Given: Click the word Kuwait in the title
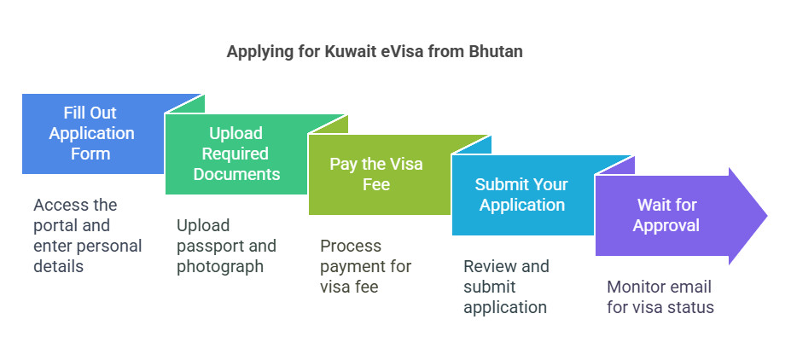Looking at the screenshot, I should (349, 52).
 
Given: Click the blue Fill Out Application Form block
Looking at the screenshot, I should (91, 134).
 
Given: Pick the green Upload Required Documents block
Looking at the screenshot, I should (236, 154).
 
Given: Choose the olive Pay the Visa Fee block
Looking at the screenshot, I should (376, 174).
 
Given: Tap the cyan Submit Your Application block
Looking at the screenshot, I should (520, 195).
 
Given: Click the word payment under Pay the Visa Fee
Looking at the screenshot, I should (351, 266).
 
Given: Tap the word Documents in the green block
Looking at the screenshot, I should (236, 174).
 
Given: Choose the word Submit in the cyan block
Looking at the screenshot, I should (501, 184).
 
